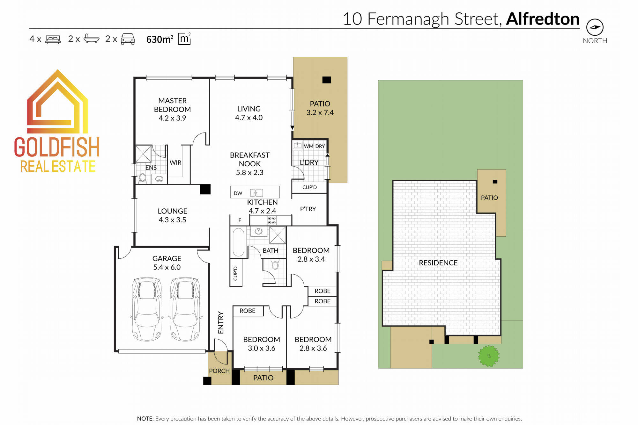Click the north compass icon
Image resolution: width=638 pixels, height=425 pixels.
pyautogui.click(x=595, y=27)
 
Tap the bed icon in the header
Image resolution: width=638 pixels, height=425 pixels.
pyautogui.click(x=53, y=39)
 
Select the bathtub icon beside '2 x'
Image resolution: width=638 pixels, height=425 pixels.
pyautogui.click(x=91, y=39)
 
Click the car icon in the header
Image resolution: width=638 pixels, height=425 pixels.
pyautogui.click(x=128, y=39)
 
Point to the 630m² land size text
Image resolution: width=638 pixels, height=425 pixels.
pyautogui.click(x=159, y=39)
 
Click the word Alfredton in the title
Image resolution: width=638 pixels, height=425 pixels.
pyautogui.click(x=543, y=19)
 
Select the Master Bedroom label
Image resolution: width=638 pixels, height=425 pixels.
pyautogui.click(x=172, y=105)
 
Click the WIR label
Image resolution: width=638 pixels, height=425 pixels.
pyautogui.click(x=175, y=162)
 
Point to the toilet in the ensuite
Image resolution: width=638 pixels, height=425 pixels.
pyautogui.click(x=143, y=178)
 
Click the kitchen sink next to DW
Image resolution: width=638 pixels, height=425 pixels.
pyautogui.click(x=256, y=193)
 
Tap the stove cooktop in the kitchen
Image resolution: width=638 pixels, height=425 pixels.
pyautogui.click(x=272, y=220)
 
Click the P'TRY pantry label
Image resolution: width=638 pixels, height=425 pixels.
pyautogui.click(x=308, y=209)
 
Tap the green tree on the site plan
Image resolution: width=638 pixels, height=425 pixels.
pyautogui.click(x=488, y=356)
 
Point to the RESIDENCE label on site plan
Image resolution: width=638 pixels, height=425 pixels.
pyautogui.click(x=438, y=263)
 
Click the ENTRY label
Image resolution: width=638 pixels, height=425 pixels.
pyautogui.click(x=221, y=323)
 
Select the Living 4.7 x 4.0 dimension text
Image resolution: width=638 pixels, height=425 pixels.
pyautogui.click(x=249, y=118)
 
